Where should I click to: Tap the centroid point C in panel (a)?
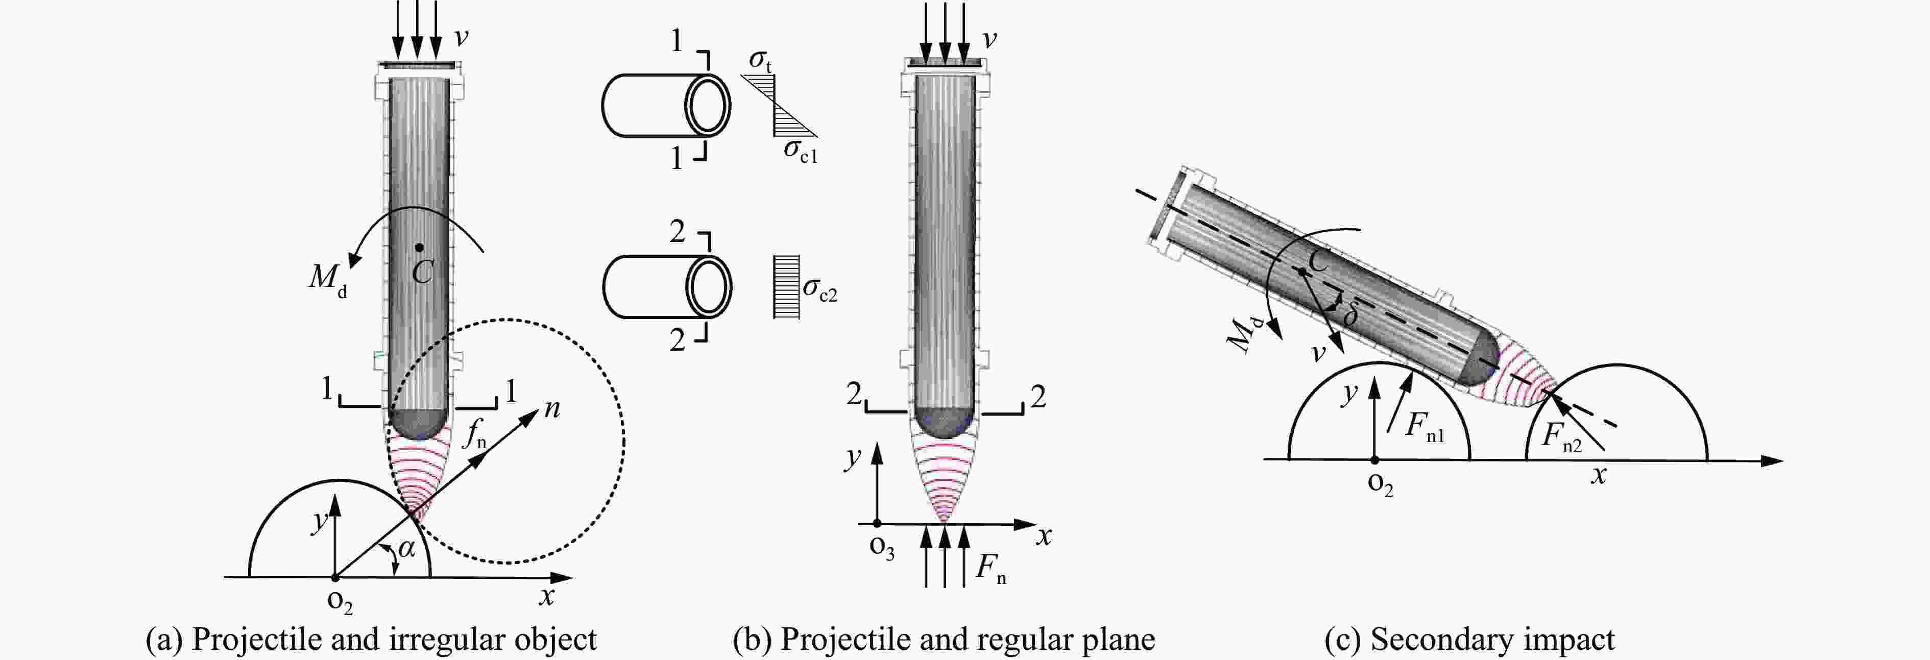[x=420, y=247]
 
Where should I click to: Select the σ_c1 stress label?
[x=800, y=151]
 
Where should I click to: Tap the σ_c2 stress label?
[x=819, y=289]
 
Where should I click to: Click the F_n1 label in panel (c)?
[x=1424, y=428]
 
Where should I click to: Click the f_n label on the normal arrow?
[x=474, y=434]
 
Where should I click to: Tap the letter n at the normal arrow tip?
[x=551, y=409]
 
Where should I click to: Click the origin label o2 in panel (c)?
[x=1380, y=485]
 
